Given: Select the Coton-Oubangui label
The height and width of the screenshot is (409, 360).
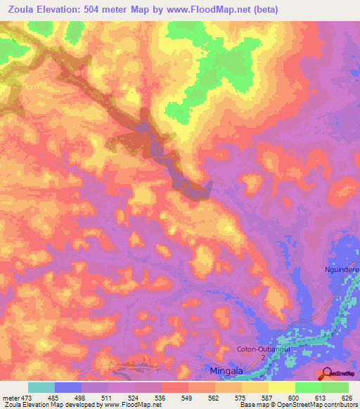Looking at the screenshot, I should [261, 349].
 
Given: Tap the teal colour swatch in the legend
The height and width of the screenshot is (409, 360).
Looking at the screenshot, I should [41, 387].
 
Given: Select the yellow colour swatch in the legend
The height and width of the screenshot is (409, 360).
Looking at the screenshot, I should [281, 387].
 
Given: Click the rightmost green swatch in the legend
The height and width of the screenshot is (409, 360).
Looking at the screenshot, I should [335, 387].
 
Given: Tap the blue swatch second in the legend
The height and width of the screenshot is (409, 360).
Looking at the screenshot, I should [68, 387].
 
